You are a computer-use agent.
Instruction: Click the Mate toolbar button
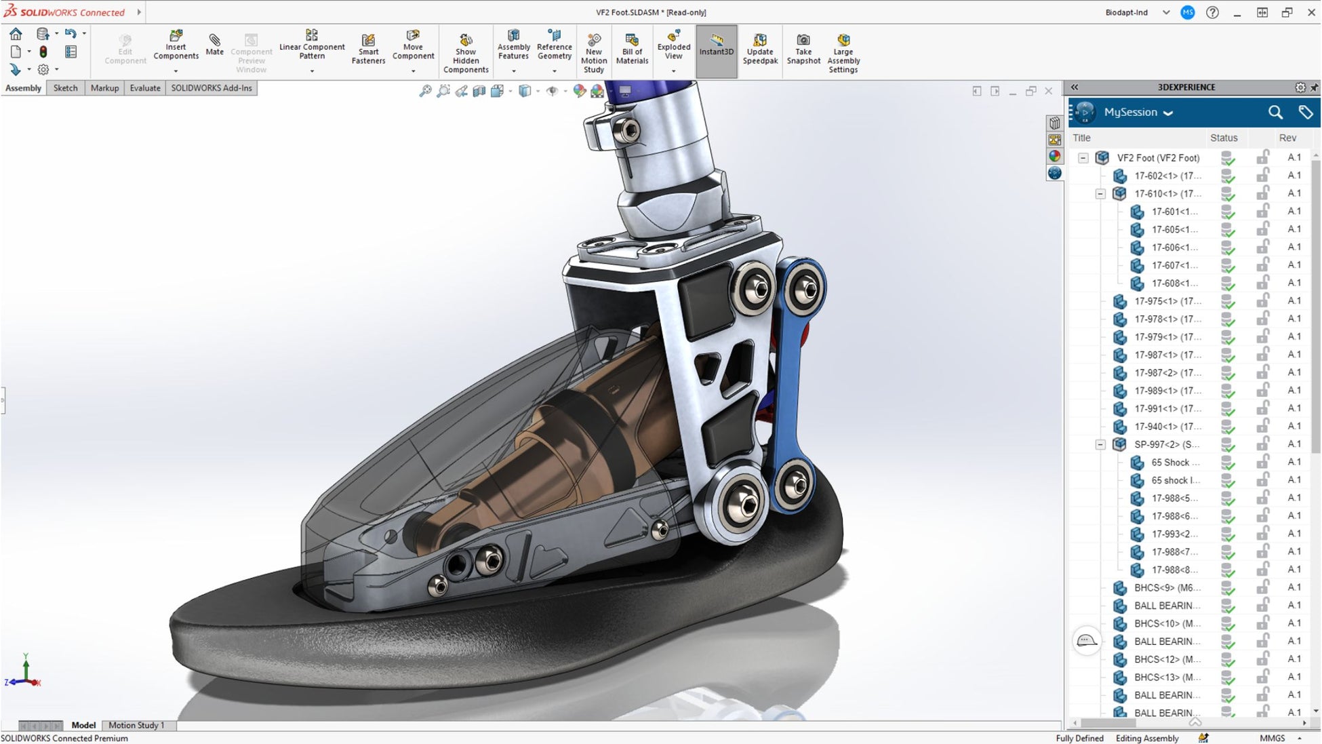coord(214,45)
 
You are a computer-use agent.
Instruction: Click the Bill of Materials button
coord(632,48)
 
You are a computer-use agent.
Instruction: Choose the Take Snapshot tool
coord(803,48)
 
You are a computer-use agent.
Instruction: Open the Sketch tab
coord(65,88)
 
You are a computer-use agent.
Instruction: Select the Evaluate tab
coord(145,88)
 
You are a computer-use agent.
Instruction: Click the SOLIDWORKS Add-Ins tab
coord(211,88)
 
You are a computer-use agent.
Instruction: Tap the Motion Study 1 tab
coord(136,725)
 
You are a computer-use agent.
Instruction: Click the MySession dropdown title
coord(1138,113)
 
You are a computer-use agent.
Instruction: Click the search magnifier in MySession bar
coord(1275,113)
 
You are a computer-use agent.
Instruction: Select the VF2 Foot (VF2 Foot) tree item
coord(1158,158)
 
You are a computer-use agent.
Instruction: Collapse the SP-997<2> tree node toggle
coord(1100,445)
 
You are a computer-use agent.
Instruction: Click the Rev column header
coord(1287,138)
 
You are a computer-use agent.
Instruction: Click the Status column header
coord(1224,138)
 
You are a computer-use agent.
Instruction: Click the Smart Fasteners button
coord(368,48)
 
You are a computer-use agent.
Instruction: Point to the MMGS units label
coord(1272,739)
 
